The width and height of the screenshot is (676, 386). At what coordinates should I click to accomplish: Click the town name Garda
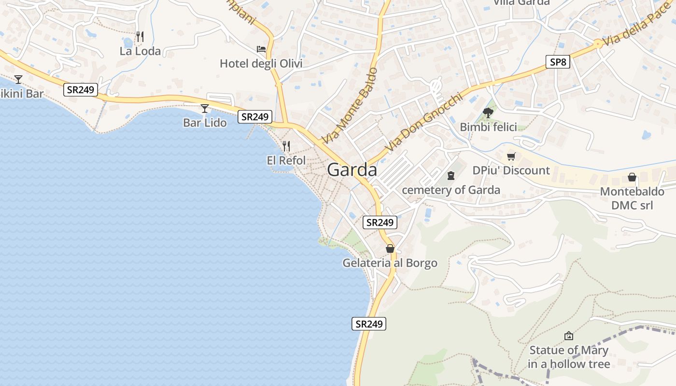(352, 170)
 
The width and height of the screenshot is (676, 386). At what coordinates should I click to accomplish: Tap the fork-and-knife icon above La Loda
(140, 36)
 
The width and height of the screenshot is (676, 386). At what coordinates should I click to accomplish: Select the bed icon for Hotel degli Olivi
(261, 49)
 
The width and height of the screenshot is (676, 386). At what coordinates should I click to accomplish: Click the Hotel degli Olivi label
(261, 63)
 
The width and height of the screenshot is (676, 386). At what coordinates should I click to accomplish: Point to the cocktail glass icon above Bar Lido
(205, 109)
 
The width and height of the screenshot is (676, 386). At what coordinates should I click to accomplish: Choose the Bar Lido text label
(205, 123)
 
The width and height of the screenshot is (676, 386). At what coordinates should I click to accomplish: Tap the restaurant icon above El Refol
(286, 146)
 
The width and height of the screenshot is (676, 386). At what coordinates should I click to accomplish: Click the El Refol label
(286, 160)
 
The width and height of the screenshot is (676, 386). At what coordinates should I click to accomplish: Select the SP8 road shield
(558, 62)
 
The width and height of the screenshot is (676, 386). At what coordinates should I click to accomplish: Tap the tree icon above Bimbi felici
(488, 113)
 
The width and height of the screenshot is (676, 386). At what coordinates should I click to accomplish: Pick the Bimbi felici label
(488, 127)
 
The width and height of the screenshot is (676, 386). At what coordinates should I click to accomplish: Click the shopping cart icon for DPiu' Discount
(511, 156)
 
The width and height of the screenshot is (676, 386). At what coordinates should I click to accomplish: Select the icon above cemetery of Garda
(451, 176)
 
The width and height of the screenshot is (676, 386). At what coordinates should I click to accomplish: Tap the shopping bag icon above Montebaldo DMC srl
(632, 177)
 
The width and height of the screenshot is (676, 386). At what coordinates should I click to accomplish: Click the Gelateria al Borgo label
(390, 263)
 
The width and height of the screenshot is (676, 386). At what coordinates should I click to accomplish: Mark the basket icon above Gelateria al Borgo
(390, 248)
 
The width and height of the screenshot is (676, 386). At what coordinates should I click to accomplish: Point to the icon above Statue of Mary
(569, 336)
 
